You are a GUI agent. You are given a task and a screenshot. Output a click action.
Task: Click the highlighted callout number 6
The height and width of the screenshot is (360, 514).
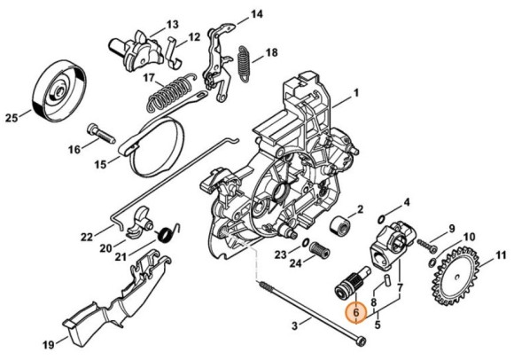pyautogui.click(x=356, y=313)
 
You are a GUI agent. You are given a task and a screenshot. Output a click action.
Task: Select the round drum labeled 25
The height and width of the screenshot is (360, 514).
pyautogui.click(x=60, y=91)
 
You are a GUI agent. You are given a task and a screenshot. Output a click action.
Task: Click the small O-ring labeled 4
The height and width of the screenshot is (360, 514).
pyautogui.click(x=381, y=218)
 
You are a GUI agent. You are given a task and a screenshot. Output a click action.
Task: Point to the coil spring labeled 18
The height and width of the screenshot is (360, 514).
pyautogui.click(x=244, y=64)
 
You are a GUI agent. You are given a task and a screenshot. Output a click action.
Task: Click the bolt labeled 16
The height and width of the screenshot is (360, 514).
pyautogui.click(x=100, y=134)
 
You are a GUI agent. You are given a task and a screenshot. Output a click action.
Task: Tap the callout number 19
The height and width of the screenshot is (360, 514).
pyautogui.click(x=49, y=345)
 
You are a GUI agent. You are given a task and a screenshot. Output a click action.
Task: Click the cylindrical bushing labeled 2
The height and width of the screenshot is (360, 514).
pyautogui.click(x=340, y=226)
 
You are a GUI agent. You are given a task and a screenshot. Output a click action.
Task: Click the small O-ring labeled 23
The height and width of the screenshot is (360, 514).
pyautogui.click(x=305, y=243)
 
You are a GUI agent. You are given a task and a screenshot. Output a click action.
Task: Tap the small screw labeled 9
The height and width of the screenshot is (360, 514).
pyautogui.click(x=427, y=246)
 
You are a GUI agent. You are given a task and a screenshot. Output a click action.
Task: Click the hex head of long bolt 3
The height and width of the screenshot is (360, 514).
pyautogui.click(x=361, y=341)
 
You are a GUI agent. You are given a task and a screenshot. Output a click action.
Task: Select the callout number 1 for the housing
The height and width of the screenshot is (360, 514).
pyautogui.click(x=356, y=93)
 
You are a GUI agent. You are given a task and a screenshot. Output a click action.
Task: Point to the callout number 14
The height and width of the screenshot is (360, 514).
pyautogui.click(x=257, y=15)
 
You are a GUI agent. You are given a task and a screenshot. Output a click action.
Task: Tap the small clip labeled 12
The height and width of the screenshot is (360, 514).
pyautogui.click(x=173, y=52)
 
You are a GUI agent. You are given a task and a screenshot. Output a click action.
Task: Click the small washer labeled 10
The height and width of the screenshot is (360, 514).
pyautogui.click(x=432, y=262)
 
